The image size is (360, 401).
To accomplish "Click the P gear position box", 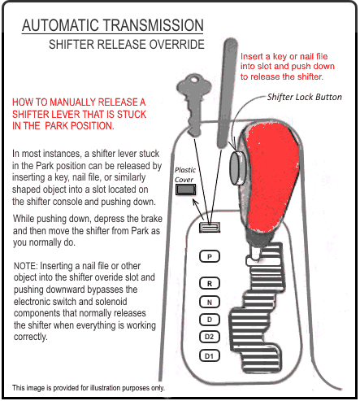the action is (210, 256).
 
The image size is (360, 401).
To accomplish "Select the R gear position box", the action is (210, 283).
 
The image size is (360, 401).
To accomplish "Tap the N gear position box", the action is (210, 302).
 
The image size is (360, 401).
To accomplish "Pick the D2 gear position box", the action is (210, 337).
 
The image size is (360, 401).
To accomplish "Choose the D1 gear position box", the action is (210, 355).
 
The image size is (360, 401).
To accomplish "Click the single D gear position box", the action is (210, 320).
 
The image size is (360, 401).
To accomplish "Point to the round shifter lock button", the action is (237, 168).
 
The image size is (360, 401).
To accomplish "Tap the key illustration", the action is (194, 105).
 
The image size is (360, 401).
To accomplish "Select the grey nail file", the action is (227, 93).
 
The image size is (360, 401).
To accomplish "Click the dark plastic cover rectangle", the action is (185, 190).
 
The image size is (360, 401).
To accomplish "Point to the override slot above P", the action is (210, 227).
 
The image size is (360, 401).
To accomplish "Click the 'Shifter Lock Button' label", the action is (305, 97).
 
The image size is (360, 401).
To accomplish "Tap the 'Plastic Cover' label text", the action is (185, 175).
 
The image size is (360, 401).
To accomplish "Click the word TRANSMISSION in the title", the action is (154, 25).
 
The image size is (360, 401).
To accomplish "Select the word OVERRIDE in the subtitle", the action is (177, 45).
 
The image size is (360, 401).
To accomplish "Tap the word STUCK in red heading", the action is (132, 115).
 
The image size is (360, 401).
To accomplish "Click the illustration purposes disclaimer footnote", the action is (89, 388).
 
